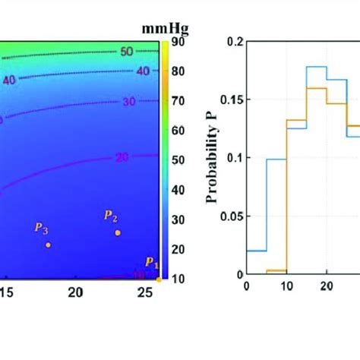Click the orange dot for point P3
click(x=48, y=245)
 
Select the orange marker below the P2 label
click(x=118, y=232)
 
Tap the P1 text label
click(x=152, y=264)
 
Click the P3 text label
click(x=41, y=229)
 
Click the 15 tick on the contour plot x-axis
click(x=6, y=292)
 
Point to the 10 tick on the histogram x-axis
click(x=286, y=286)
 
